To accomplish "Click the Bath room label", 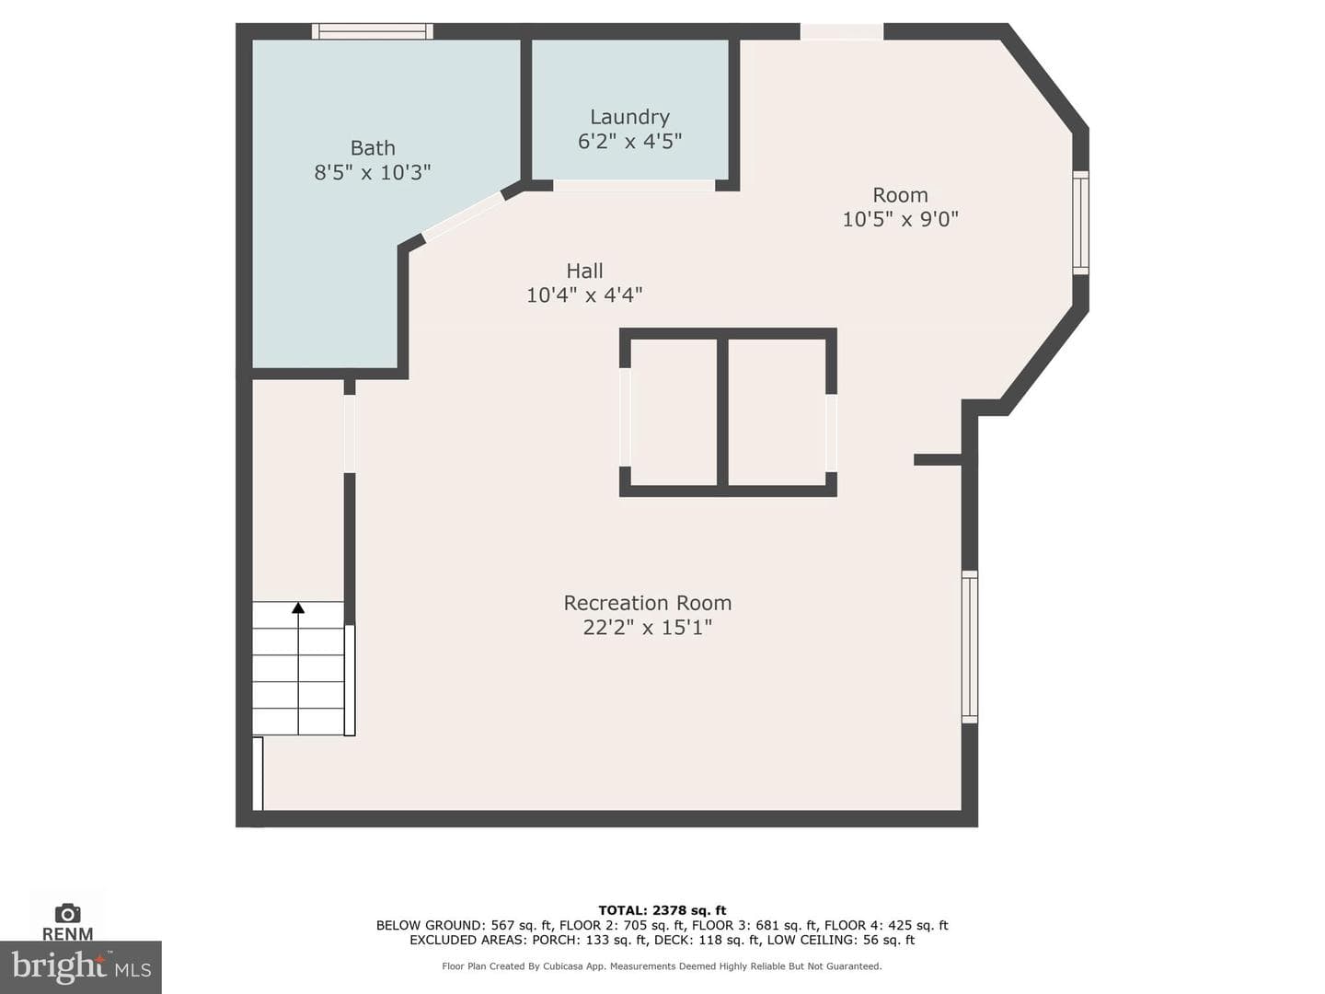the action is (x=373, y=148).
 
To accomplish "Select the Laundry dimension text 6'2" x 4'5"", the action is (x=629, y=141).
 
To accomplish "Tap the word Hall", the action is (x=584, y=271).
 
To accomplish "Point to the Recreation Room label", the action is (x=647, y=603).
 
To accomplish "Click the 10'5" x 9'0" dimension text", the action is (x=900, y=219).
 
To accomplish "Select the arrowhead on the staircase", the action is (x=298, y=607).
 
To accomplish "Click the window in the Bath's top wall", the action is (x=373, y=31).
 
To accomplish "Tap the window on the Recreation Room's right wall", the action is (x=970, y=646).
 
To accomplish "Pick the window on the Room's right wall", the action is (x=1080, y=223).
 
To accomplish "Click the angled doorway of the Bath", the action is (x=464, y=215).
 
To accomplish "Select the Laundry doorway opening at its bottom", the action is (x=634, y=185).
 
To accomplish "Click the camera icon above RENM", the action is (x=67, y=913).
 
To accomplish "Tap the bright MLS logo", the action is (x=81, y=966).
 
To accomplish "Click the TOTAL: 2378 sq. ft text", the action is (x=662, y=910).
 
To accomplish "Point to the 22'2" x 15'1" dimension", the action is (x=647, y=628).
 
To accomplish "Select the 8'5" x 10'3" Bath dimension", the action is (x=373, y=173).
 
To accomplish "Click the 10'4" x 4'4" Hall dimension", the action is (x=584, y=295).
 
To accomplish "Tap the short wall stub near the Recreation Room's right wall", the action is (x=938, y=460).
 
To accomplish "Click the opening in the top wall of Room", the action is (x=842, y=31).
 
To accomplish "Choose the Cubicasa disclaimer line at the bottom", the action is (x=662, y=966).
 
